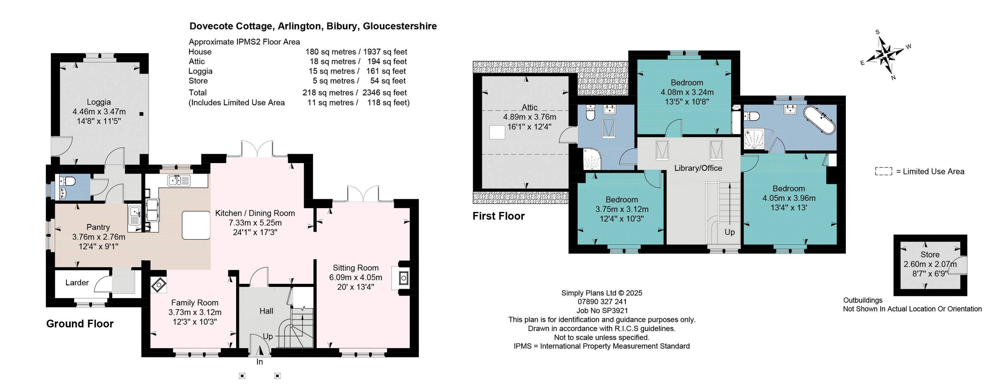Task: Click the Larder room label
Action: pos(77,283)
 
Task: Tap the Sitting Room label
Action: pos(355,268)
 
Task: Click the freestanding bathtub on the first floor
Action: pos(819,120)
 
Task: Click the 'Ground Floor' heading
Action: pos(80,324)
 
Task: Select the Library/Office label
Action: pos(698,168)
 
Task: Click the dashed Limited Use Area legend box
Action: pos(884,171)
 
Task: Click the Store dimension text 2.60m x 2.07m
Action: pos(930,264)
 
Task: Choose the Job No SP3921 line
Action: pos(602,311)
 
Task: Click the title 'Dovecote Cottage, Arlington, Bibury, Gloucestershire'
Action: pos(313,26)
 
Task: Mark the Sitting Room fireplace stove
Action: pos(404,278)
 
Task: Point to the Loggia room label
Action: pos(99,102)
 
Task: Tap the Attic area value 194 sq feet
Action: pos(387,61)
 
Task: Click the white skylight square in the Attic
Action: pos(497,132)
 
